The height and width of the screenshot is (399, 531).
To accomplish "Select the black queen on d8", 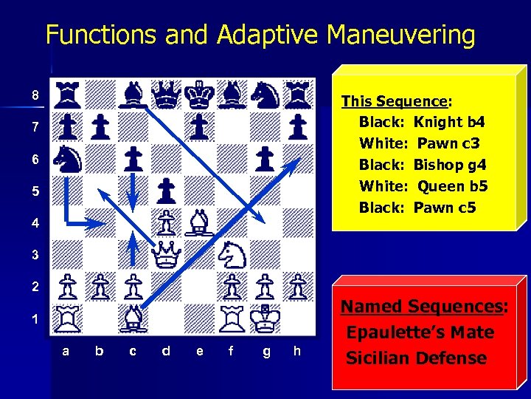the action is click(x=165, y=94).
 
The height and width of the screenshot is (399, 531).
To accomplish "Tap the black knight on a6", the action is click(x=67, y=159).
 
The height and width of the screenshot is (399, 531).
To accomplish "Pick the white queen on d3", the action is click(x=165, y=255).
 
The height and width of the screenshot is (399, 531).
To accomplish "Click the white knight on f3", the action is click(x=231, y=255).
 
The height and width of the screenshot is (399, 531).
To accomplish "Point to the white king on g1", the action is click(x=265, y=318).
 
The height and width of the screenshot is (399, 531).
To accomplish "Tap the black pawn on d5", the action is click(x=165, y=191).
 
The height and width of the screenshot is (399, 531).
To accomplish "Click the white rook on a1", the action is click(x=67, y=318).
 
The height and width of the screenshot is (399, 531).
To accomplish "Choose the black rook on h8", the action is click(x=296, y=94).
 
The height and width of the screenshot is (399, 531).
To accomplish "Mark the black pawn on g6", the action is click(x=265, y=159).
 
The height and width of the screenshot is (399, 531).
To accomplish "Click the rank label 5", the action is click(x=35, y=191).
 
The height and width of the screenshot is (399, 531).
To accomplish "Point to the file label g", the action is click(x=265, y=352).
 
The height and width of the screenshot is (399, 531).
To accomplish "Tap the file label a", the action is click(x=66, y=352).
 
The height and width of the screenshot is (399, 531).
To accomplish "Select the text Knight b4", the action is click(x=449, y=122).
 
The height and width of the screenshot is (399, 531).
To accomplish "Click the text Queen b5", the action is click(x=452, y=186).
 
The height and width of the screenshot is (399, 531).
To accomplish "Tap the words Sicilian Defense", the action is click(x=417, y=358).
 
